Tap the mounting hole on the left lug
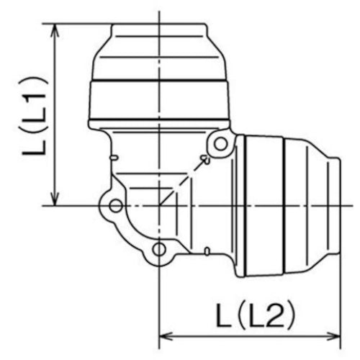click(x=116, y=207)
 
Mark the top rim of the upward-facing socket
click(x=158, y=25)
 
